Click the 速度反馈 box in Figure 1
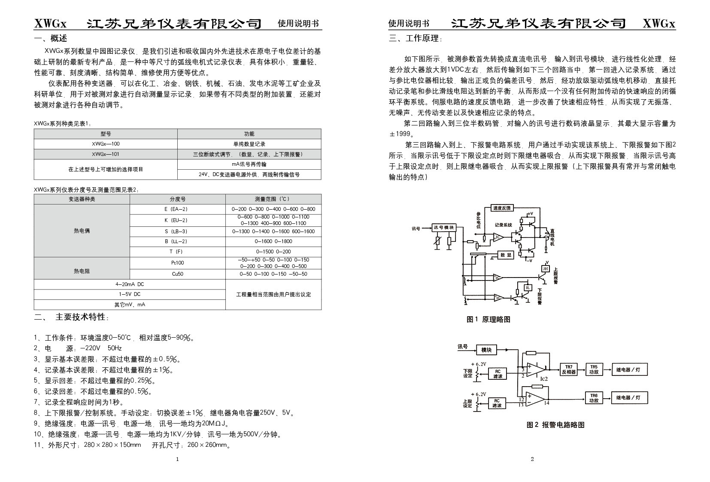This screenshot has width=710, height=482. point(501,208)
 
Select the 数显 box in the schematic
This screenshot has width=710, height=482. point(507,255)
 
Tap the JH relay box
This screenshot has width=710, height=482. point(545,268)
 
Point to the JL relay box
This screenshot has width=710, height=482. point(528,287)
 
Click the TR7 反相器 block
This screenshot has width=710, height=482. point(568,369)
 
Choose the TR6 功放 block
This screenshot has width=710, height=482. point(594,398)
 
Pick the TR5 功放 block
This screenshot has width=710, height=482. point(594,369)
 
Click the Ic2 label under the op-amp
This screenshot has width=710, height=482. point(544,378)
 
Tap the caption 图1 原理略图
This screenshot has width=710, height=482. point(489,319)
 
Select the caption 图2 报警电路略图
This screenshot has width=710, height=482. point(555,424)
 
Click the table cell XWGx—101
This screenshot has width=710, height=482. point(106,154)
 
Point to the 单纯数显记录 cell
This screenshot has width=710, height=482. point(249,144)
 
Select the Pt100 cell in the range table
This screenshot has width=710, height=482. point(177,262)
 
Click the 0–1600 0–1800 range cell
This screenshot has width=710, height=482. point(273,241)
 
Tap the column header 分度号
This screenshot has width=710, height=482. point(177,199)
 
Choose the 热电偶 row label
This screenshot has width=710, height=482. point(82,231)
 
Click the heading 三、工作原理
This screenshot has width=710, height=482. point(415,39)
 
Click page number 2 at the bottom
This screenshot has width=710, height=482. point(532,459)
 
